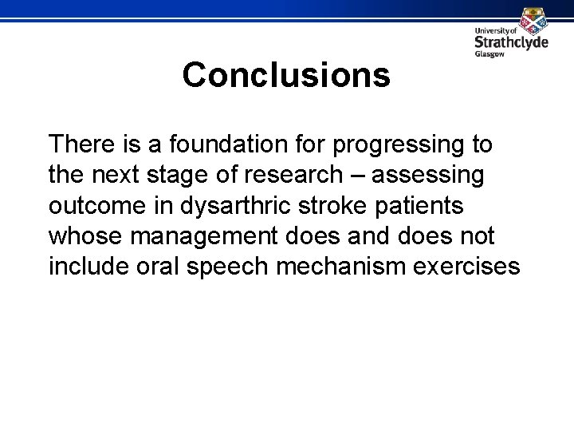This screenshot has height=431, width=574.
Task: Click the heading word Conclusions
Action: pos(286,76)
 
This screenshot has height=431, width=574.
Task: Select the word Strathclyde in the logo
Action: pos(511,42)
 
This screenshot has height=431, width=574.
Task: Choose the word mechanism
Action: pos(352,265)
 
